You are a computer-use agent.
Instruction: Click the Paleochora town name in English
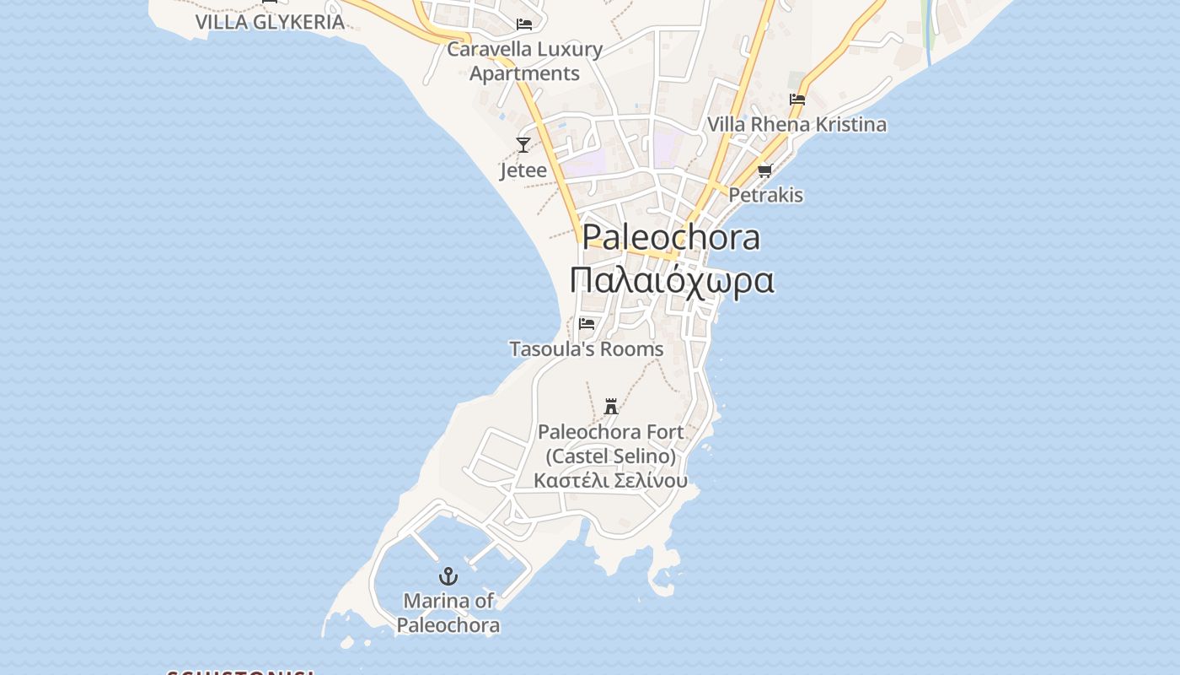point(671,238)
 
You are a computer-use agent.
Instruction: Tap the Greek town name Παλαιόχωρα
point(671,280)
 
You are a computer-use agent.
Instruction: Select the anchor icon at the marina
point(448,576)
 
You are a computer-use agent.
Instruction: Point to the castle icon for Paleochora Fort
point(611,406)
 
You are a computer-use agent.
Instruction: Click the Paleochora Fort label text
point(611,432)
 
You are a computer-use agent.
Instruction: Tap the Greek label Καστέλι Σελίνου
point(611,481)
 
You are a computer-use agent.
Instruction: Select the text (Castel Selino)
point(611,456)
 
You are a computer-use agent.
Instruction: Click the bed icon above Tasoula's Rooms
point(587,323)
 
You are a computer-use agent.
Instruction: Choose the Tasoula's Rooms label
point(587,348)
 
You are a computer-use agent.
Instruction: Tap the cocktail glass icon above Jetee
point(523,145)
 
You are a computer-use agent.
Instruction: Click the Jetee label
point(523,170)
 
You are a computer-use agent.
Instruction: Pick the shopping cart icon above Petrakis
point(765,170)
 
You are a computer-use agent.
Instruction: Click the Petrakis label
point(765,195)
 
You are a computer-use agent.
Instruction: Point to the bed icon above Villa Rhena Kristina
point(797,100)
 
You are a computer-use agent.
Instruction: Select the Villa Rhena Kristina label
point(797,125)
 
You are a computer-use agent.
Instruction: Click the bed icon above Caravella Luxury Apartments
point(524,24)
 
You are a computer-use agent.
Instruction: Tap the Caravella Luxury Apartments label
point(524,61)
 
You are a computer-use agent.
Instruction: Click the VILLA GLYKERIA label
point(270,22)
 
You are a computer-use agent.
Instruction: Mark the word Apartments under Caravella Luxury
point(524,73)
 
